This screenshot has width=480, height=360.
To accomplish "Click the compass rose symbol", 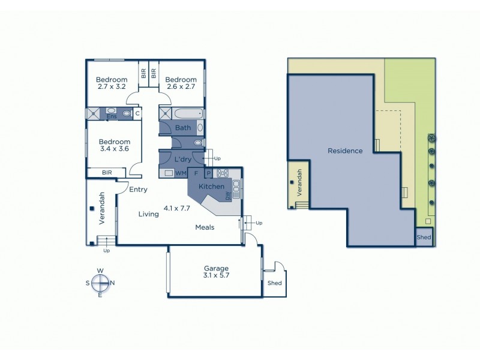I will pos(100,283).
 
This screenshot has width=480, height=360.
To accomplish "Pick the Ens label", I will pos(112,117).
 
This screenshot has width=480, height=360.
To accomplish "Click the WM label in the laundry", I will pos(180,173).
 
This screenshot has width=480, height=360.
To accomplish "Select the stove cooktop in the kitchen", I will pos(223,173).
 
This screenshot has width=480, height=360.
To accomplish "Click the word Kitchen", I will pos(211,187).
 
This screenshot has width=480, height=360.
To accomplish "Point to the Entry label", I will pos(138,190).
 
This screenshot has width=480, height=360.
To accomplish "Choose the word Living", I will pos(149,214).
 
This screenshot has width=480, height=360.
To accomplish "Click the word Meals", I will pos(205,227).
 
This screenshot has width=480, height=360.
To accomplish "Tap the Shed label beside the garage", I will pos(275,283).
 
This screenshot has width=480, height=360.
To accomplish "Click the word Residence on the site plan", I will pos(344,151).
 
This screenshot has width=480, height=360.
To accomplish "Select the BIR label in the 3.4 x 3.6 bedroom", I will pos(107,172).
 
